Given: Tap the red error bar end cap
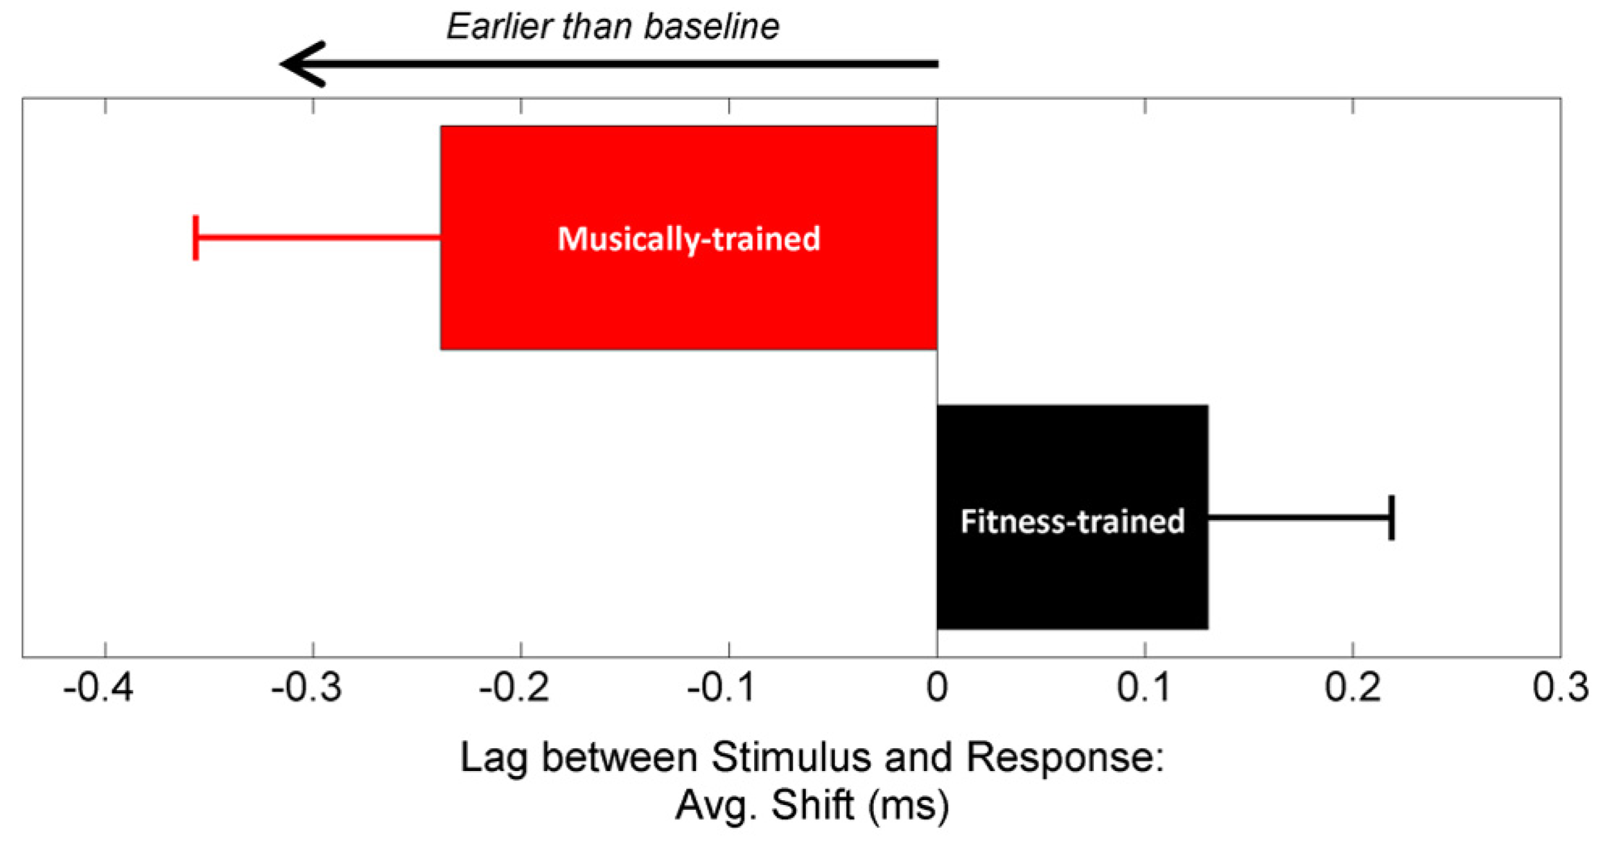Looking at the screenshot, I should click(196, 238).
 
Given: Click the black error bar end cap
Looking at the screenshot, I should click(1391, 517).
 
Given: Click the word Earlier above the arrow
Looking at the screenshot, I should click(498, 27).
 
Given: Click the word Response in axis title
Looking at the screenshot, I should click(1065, 757).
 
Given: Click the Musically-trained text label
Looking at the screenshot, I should click(688, 239).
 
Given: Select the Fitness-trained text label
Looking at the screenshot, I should click(1071, 521).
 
